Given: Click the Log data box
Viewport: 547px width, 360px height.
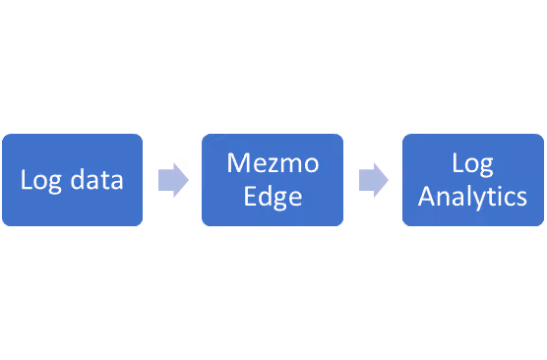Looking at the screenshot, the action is coord(72,180).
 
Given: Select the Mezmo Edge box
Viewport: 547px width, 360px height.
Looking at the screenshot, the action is coord(273,180).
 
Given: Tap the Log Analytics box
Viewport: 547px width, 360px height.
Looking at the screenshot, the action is coord(473,180).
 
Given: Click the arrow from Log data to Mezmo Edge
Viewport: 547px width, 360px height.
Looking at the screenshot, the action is coord(173,180).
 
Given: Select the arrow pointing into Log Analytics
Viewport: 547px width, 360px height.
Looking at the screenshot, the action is coord(374,180).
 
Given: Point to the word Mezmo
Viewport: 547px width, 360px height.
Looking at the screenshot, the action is coord(273,163).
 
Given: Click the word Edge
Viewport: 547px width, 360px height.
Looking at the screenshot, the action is coord(273,197).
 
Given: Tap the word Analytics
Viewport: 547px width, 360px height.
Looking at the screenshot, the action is coord(472,197).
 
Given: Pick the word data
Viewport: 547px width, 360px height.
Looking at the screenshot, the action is coord(97,179).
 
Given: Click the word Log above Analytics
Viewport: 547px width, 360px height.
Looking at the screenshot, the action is coord(472,163).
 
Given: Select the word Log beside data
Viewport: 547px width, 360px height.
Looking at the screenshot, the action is coord(41,180).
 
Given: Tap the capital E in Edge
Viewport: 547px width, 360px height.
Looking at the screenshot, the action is coord(250,197).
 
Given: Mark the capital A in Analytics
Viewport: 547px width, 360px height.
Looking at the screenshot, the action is coord(427,197).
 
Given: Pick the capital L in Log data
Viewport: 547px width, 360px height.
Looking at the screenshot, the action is coord(27,179).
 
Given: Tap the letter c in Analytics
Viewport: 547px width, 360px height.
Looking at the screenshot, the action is coord(509,200).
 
